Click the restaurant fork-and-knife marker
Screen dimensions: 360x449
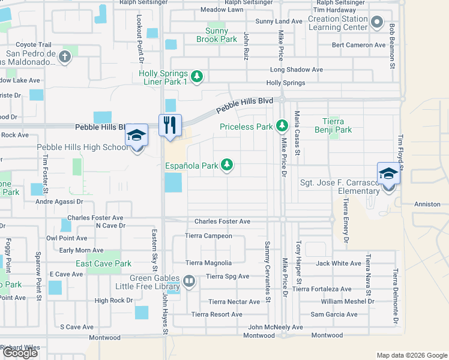pyautogui.click(x=170, y=125)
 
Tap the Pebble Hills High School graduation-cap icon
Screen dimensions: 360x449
pyautogui.click(x=136, y=136)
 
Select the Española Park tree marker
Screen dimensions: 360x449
pyautogui.click(x=227, y=164)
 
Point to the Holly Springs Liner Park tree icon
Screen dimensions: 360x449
pyautogui.click(x=197, y=76)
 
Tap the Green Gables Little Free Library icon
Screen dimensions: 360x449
pyautogui.click(x=190, y=280)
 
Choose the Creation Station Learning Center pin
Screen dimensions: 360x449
pyautogui.click(x=377, y=23)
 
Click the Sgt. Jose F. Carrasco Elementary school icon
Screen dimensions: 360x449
pyautogui.click(x=388, y=174)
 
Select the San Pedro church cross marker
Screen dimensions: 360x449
pyautogui.click(x=65, y=57)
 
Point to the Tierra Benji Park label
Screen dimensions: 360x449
pyautogui.click(x=333, y=125)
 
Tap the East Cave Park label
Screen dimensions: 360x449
pyautogui.click(x=103, y=263)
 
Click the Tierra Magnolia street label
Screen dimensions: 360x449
pyautogui.click(x=208, y=263)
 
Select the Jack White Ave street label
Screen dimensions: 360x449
pyautogui.click(x=338, y=263)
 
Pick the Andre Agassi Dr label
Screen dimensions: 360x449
pyautogui.click(x=59, y=202)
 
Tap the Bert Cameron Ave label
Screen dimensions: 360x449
pyautogui.click(x=358, y=45)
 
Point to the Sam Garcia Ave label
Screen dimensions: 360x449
pyautogui.click(x=334, y=314)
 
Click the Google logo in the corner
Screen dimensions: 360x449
pyautogui.click(x=20, y=353)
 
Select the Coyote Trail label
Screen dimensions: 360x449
pyautogui.click(x=34, y=44)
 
